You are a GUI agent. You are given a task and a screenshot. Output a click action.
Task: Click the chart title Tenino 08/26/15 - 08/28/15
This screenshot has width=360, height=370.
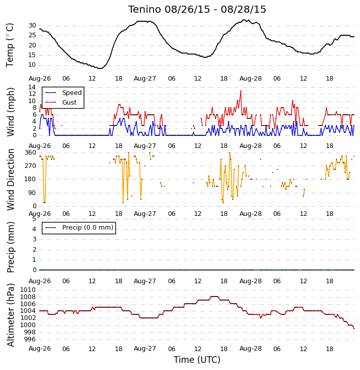tap(197, 10)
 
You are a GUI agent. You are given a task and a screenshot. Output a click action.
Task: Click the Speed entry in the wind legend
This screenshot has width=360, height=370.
tap(72, 93)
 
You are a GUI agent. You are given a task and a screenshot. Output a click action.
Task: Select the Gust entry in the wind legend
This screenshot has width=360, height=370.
tap(69, 103)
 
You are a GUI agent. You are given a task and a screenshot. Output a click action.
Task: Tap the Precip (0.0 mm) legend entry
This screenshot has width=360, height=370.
tap(88, 228)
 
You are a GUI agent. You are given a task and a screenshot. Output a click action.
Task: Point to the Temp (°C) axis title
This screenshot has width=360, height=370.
tap(10, 45)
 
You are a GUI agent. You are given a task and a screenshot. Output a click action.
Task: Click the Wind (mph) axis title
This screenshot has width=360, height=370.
tap(10, 112)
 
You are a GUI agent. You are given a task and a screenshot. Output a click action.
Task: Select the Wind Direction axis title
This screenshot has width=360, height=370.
tap(10, 179)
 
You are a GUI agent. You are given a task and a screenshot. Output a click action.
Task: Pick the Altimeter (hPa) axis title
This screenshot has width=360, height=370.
tap(10, 315)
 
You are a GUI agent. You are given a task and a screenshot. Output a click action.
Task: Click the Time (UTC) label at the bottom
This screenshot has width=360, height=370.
tap(197, 360)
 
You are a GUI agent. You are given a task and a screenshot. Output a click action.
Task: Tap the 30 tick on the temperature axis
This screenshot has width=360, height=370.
tap(32, 26)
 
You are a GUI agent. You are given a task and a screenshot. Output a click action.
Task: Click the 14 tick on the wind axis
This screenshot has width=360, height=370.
tap(32, 87)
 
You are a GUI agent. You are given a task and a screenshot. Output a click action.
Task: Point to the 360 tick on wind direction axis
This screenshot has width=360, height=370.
tap(31, 153)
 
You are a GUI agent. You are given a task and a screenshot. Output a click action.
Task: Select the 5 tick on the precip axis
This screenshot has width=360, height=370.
tap(34, 219)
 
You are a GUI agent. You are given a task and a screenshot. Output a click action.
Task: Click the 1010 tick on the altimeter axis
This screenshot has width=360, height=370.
tap(28, 290)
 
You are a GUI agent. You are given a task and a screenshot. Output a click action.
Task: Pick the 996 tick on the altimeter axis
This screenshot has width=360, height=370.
tap(30, 339)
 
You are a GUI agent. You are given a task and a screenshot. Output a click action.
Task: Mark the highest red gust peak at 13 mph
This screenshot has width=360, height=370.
tap(241, 91)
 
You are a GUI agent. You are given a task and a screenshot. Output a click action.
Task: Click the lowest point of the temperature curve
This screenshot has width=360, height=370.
tap(100, 68)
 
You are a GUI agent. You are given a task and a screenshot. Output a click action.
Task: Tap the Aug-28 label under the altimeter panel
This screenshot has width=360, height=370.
tap(250, 349)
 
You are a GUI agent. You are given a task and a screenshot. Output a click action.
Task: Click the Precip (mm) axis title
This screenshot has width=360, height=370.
tap(10, 248)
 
